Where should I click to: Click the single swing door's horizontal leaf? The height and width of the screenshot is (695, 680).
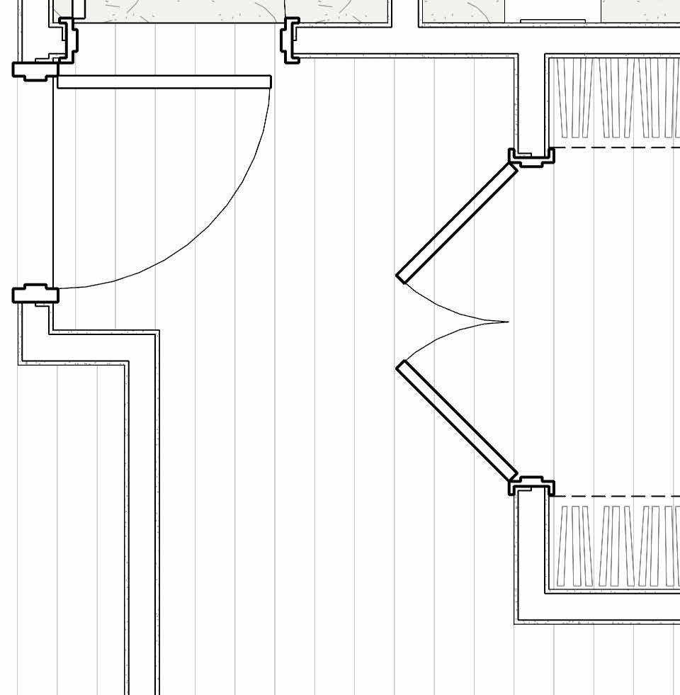(x=163, y=82)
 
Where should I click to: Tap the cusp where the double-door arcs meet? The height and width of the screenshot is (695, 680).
(x=508, y=322)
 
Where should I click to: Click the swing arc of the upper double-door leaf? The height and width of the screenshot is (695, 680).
(x=446, y=308)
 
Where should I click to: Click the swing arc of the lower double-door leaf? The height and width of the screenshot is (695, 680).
(x=446, y=337)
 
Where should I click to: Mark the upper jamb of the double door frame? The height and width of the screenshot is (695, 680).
(x=531, y=157)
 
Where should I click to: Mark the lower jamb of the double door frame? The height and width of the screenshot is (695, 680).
(x=531, y=487)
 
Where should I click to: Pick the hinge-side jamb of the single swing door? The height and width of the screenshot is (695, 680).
(x=35, y=69)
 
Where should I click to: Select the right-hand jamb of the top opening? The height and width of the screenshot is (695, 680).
(x=291, y=40)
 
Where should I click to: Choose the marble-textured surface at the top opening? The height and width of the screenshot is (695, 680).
(x=177, y=11)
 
